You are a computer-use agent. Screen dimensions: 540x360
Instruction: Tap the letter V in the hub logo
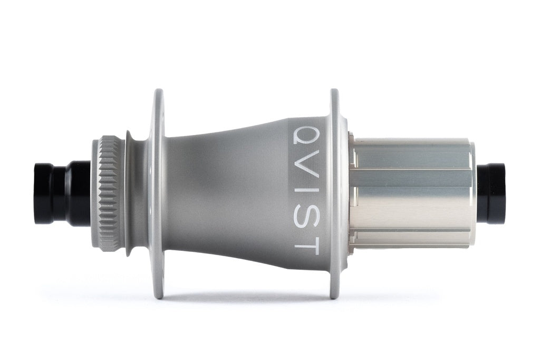[306, 162]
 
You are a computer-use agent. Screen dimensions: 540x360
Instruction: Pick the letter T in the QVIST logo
[306, 244]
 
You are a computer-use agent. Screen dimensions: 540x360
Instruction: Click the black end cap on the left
[62, 194]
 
